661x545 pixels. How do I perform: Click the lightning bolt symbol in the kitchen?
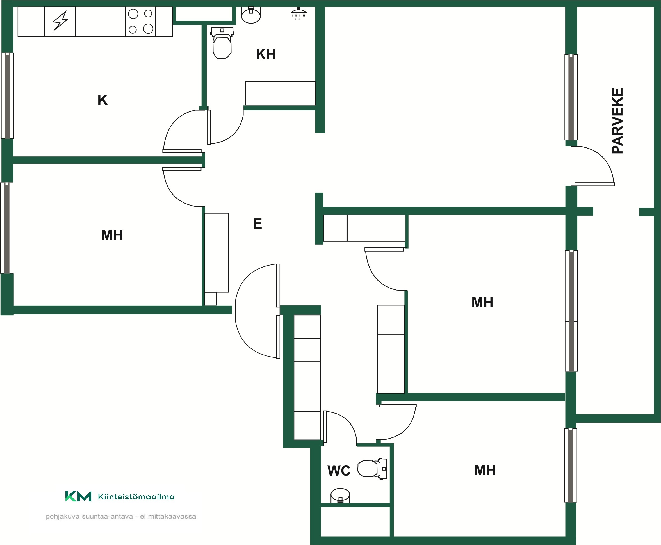(x=60, y=21)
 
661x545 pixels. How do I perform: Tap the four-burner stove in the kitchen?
(x=140, y=21)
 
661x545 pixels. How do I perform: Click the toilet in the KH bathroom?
(x=222, y=43)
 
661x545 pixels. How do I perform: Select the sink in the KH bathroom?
(x=251, y=15)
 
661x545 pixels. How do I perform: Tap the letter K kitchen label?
(x=103, y=100)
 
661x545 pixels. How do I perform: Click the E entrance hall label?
(x=257, y=224)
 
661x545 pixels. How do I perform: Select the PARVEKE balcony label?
(x=617, y=121)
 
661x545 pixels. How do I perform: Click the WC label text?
(x=339, y=471)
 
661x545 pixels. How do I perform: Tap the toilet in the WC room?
(x=372, y=468)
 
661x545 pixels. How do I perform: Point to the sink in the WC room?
(x=340, y=496)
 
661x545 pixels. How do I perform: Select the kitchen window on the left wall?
(x=7, y=95)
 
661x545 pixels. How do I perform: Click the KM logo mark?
(x=78, y=496)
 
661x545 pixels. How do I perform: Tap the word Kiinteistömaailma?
(x=136, y=497)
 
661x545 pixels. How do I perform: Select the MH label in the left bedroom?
(x=112, y=235)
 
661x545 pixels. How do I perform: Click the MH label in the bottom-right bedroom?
(x=485, y=470)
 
